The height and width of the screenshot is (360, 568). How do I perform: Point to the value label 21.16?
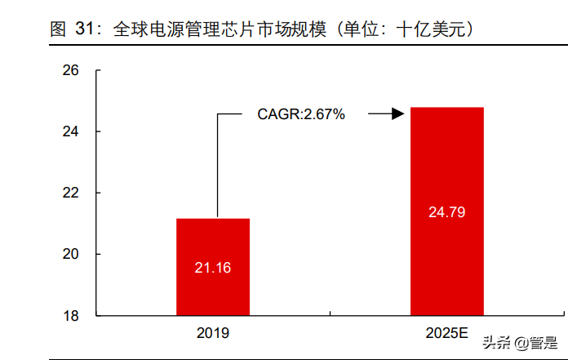[x=213, y=267]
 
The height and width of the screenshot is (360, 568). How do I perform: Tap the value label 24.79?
[x=446, y=213]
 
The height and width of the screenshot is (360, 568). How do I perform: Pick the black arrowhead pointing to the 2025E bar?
[x=398, y=114]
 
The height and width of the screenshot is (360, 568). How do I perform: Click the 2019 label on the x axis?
[x=213, y=333]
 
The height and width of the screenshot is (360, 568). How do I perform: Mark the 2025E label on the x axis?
[x=446, y=333]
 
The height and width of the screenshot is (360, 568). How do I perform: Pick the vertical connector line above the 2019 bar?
[x=217, y=163]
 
